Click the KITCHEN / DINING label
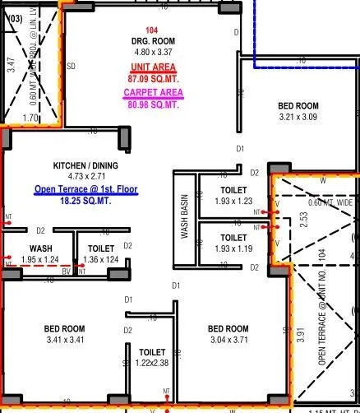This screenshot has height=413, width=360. click(86, 165)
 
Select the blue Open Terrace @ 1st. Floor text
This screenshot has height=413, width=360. click(85, 189)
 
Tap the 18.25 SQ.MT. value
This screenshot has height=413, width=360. click(85, 200)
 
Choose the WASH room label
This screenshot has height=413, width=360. click(42, 248)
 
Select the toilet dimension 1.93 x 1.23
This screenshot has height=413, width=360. click(233, 201)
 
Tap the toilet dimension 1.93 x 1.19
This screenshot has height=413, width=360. click(233, 248)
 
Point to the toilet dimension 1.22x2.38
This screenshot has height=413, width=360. click(153, 363)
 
